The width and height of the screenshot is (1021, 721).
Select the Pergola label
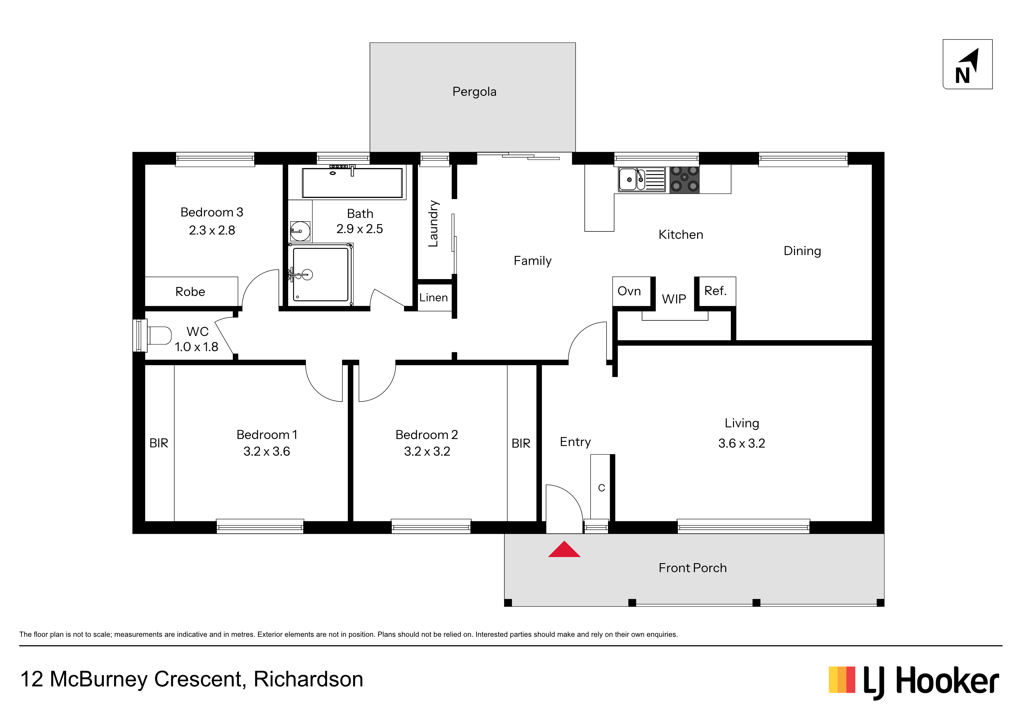(474, 92)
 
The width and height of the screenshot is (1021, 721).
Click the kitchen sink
(641, 179)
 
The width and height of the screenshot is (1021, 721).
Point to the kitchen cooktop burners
(684, 179)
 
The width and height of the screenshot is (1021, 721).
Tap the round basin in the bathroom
(300, 231)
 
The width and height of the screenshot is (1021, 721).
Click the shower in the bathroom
(320, 274)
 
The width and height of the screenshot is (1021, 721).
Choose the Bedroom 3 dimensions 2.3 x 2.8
(212, 230)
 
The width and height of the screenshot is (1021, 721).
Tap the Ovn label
(629, 291)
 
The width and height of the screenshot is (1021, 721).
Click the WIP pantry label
(674, 299)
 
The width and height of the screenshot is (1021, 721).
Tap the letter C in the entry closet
(601, 488)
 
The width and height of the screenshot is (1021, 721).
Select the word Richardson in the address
(308, 679)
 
